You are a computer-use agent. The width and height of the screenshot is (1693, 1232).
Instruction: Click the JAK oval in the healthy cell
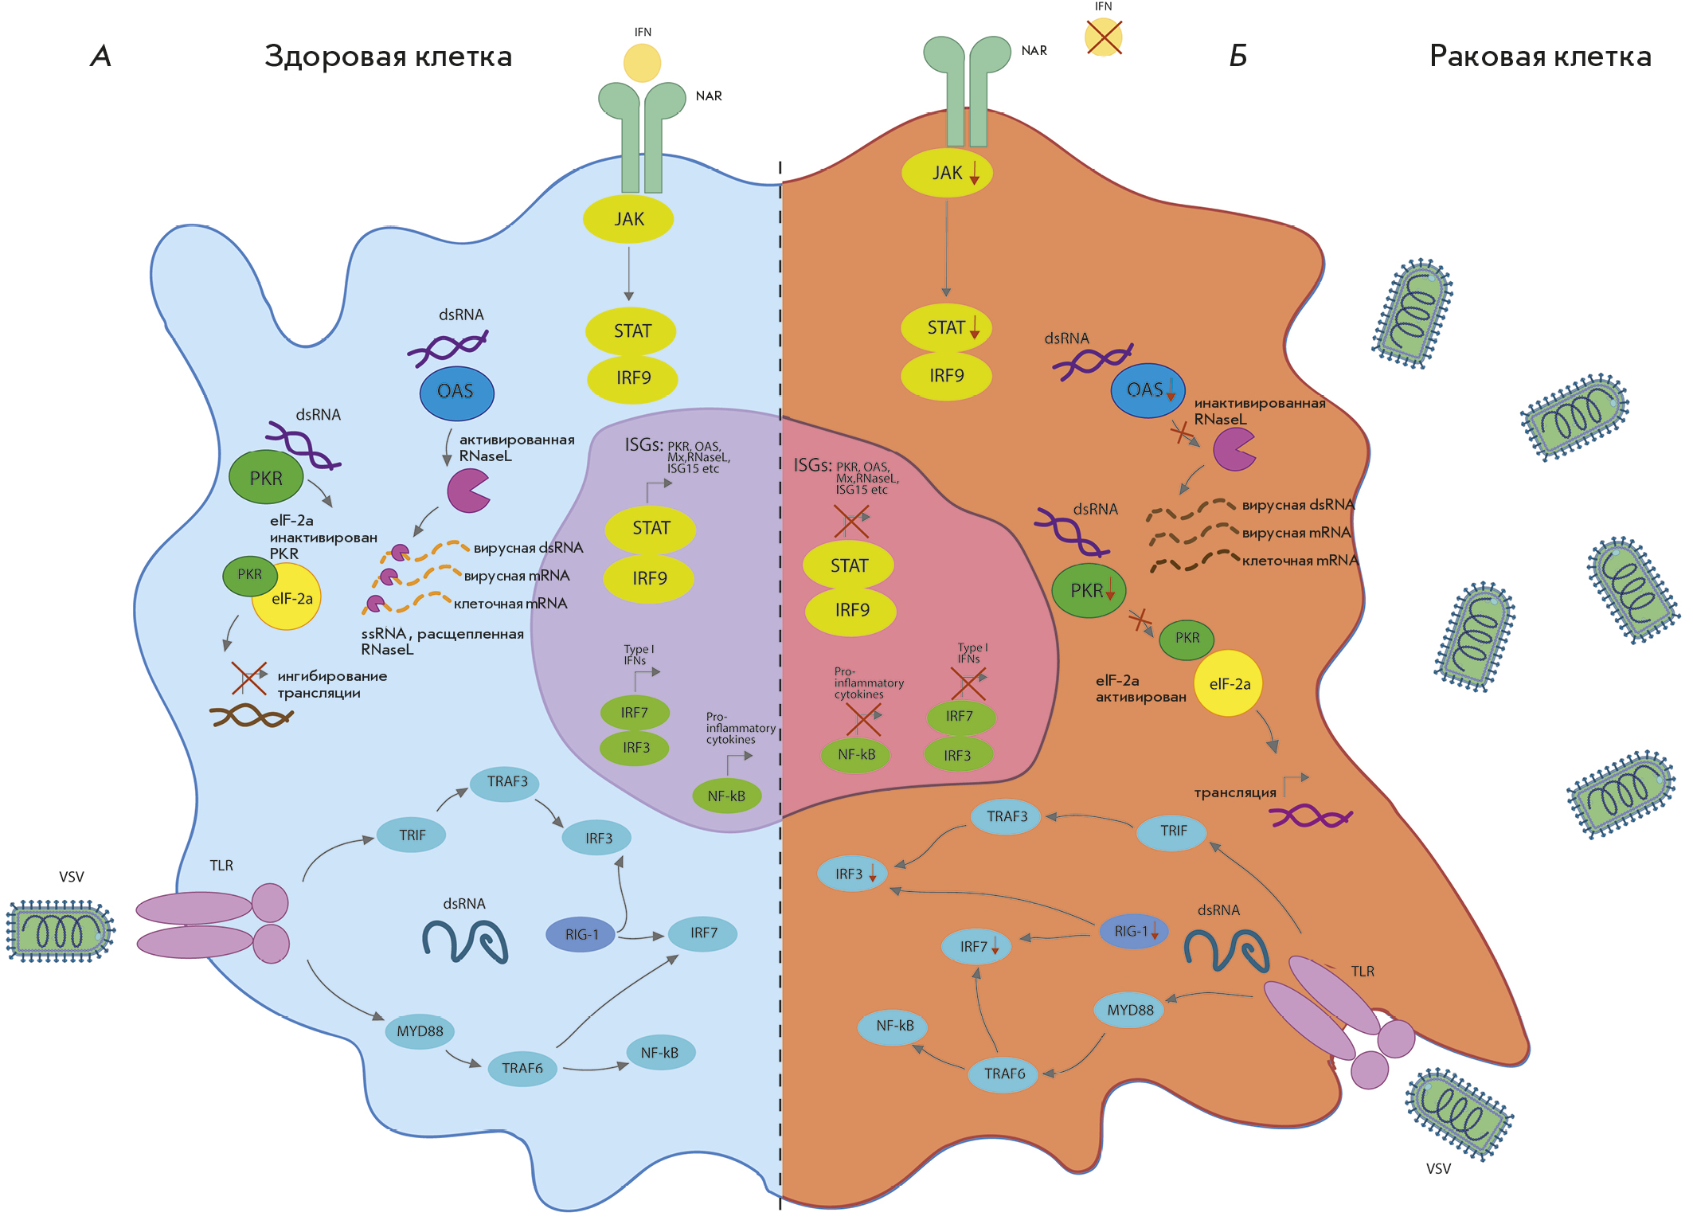[628, 219]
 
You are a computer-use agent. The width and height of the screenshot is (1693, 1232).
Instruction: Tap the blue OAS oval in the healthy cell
[456, 392]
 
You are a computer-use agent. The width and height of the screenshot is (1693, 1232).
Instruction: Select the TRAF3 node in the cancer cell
[1007, 816]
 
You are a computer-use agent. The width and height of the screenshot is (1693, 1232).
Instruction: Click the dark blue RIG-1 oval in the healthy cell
[581, 934]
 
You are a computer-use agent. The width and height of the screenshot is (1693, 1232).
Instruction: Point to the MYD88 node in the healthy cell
[420, 1031]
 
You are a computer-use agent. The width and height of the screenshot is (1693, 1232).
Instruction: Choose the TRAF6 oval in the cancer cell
[1004, 1074]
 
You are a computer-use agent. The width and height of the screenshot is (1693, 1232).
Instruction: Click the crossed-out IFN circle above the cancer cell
[1103, 37]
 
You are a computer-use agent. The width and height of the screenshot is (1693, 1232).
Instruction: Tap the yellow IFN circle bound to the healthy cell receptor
[642, 63]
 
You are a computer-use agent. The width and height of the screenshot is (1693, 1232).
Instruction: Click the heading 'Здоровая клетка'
[388, 57]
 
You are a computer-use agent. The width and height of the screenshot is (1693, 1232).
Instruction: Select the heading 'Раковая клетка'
[1539, 57]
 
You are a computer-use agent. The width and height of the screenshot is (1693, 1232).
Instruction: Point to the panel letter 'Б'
[1237, 56]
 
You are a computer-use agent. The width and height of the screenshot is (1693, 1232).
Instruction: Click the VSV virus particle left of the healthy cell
[60, 931]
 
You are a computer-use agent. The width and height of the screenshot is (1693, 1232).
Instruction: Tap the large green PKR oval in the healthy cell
[266, 478]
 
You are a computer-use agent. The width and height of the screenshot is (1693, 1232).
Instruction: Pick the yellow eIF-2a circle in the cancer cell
[1229, 683]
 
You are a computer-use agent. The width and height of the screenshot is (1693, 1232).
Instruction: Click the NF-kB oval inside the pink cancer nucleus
[856, 754]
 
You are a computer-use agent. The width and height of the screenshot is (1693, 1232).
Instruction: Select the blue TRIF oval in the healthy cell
[412, 835]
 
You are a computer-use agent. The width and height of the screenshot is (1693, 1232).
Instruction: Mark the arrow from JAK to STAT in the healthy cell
[628, 273]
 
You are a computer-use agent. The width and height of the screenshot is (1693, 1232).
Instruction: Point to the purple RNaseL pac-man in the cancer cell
[1233, 449]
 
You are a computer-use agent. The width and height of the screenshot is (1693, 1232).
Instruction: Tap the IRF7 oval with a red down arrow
[976, 946]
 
